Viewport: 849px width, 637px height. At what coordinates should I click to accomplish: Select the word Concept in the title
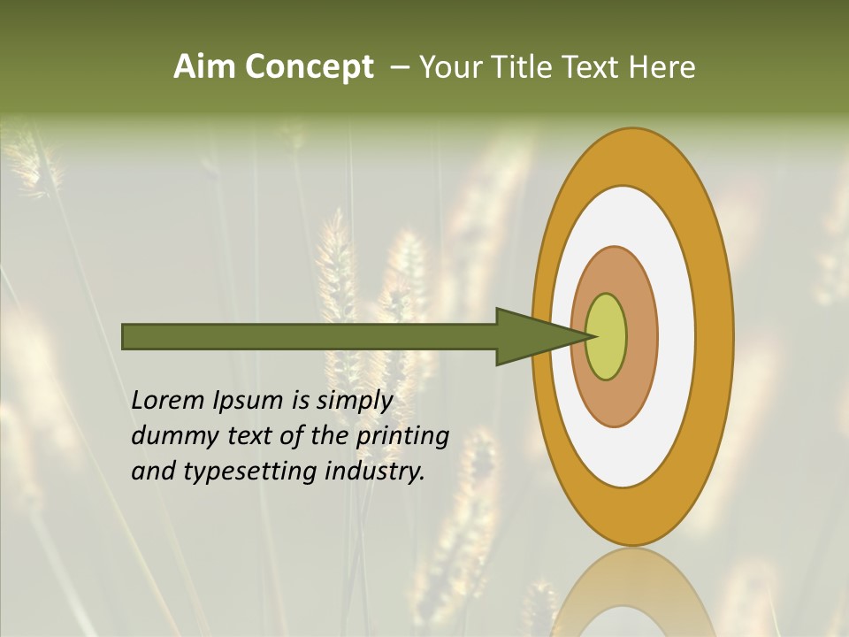[310, 67]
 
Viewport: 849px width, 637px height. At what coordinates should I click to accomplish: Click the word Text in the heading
[593, 67]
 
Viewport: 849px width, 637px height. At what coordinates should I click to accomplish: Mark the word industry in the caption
[375, 472]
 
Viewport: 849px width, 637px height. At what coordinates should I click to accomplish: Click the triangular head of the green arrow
[531, 336]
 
